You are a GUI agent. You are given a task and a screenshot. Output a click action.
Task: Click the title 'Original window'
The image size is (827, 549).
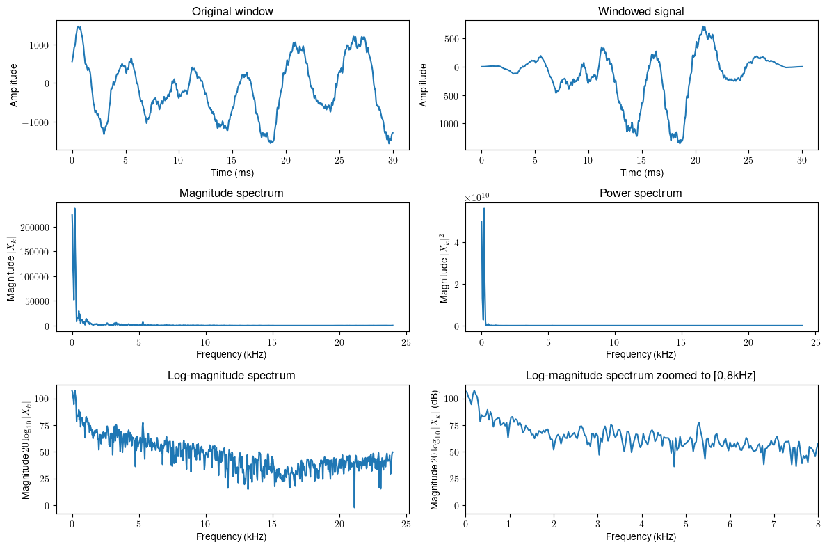(x=232, y=12)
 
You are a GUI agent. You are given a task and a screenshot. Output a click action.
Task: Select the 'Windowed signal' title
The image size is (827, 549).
(x=641, y=12)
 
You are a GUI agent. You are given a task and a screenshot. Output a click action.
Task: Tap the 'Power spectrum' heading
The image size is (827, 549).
(x=641, y=193)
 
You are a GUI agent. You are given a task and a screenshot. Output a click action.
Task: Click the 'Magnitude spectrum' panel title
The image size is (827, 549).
(x=232, y=193)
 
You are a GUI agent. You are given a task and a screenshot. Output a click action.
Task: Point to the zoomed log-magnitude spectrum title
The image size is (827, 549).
(x=641, y=376)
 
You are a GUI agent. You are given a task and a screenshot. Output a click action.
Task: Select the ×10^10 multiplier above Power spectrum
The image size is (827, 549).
(x=478, y=199)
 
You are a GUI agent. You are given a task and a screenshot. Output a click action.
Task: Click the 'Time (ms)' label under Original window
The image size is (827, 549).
(x=232, y=172)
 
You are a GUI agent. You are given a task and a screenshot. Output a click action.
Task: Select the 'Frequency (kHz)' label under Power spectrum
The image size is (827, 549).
(x=641, y=354)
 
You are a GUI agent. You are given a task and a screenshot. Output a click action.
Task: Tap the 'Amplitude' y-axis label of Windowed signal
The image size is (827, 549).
(x=424, y=85)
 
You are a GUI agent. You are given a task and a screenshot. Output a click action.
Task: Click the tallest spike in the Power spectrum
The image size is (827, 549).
(x=484, y=209)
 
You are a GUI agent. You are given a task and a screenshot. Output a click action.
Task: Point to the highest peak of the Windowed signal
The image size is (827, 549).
(x=704, y=27)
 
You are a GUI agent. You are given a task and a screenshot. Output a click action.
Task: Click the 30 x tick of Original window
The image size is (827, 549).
(x=392, y=159)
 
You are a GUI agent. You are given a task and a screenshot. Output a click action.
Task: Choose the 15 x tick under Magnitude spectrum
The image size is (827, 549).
(x=273, y=342)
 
